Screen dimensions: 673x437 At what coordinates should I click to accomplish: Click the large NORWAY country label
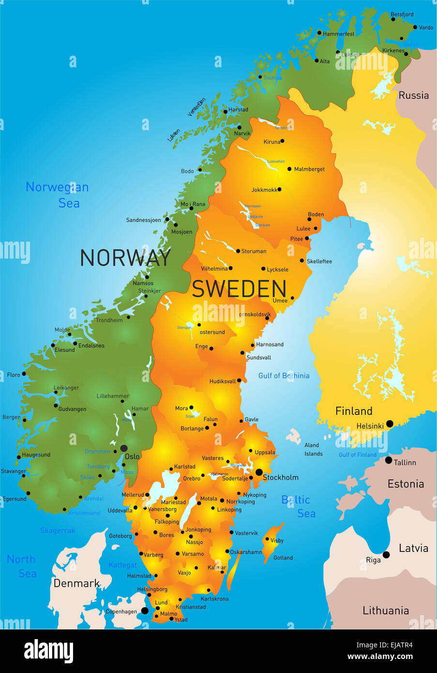(125, 258)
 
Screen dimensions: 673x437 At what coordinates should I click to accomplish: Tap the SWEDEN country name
(239, 289)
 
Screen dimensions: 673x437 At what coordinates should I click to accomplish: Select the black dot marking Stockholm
(259, 472)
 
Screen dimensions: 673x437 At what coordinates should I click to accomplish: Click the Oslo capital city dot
(124, 448)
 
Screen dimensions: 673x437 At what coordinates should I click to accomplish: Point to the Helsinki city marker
(390, 424)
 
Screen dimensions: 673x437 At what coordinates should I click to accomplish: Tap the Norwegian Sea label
(57, 195)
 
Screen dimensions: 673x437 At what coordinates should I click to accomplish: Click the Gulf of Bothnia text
(284, 376)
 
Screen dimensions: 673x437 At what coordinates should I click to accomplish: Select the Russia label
(413, 95)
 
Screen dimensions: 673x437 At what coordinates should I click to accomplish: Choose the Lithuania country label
(386, 611)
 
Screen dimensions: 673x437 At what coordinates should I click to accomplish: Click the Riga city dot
(386, 555)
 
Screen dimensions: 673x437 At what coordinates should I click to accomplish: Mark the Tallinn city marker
(389, 460)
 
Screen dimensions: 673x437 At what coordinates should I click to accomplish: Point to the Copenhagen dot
(145, 611)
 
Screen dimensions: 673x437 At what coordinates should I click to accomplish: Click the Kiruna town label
(271, 142)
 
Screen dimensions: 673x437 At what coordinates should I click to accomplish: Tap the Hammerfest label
(338, 34)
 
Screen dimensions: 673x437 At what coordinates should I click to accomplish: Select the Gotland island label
(283, 558)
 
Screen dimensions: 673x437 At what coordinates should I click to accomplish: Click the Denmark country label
(76, 583)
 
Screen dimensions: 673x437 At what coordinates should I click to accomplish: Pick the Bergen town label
(11, 417)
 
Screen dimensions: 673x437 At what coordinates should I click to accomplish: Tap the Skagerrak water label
(58, 531)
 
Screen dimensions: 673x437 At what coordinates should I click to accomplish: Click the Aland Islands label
(313, 449)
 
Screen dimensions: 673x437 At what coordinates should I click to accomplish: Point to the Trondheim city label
(109, 320)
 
